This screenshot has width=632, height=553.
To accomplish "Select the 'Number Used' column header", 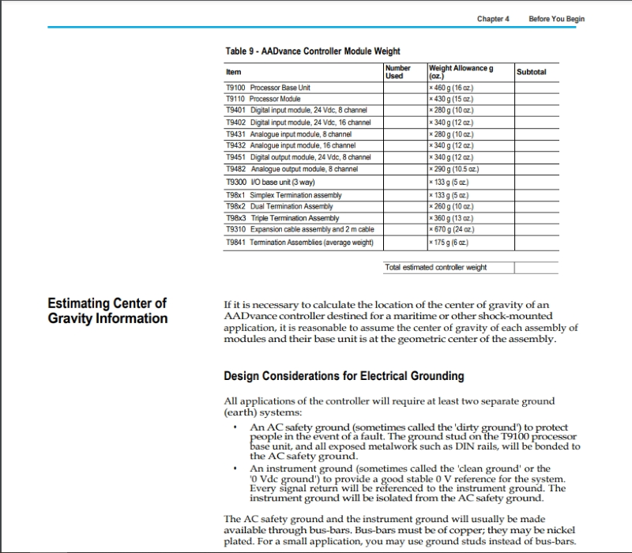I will [398, 72].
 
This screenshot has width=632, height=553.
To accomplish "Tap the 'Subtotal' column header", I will [531, 72].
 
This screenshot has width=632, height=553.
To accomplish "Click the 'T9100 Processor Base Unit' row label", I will [269, 87].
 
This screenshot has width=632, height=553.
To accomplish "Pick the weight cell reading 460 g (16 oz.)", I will [450, 87].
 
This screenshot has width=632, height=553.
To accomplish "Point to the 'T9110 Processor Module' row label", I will [263, 99].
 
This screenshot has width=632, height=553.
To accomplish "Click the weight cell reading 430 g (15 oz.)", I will [450, 99].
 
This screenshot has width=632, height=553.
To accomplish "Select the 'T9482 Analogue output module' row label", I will [292, 169].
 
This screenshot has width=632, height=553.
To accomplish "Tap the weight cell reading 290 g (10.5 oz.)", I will [451, 169].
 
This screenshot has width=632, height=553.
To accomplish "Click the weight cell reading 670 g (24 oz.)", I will [450, 229].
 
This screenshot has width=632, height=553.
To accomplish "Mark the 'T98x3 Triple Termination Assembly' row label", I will [282, 218].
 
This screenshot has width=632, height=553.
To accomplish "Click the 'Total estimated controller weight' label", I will [435, 267].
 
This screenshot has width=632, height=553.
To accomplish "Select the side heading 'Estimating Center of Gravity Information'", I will [107, 310].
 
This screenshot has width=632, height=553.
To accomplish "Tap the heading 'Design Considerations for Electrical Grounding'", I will [344, 375].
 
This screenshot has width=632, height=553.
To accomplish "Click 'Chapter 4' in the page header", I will [494, 18].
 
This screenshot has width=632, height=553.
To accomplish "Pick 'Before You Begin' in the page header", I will [556, 18].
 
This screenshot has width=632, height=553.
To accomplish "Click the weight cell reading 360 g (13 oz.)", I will [450, 218].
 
